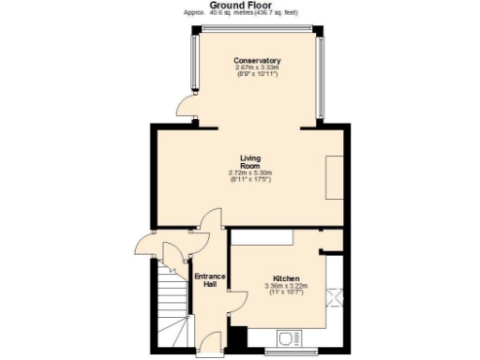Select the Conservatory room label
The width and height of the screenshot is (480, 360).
tap(257, 61)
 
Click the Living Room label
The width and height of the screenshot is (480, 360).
tap(249, 161)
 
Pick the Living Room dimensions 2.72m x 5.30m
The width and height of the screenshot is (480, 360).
tap(249, 176)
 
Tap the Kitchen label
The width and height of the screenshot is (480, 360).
tap(286, 279)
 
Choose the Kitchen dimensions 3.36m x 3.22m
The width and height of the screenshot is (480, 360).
tap(286, 290)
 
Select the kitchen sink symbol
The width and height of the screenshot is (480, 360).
tap(289, 337)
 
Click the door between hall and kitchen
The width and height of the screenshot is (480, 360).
tap(234, 302)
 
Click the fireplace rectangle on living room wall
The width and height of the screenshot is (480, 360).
tap(334, 176)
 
